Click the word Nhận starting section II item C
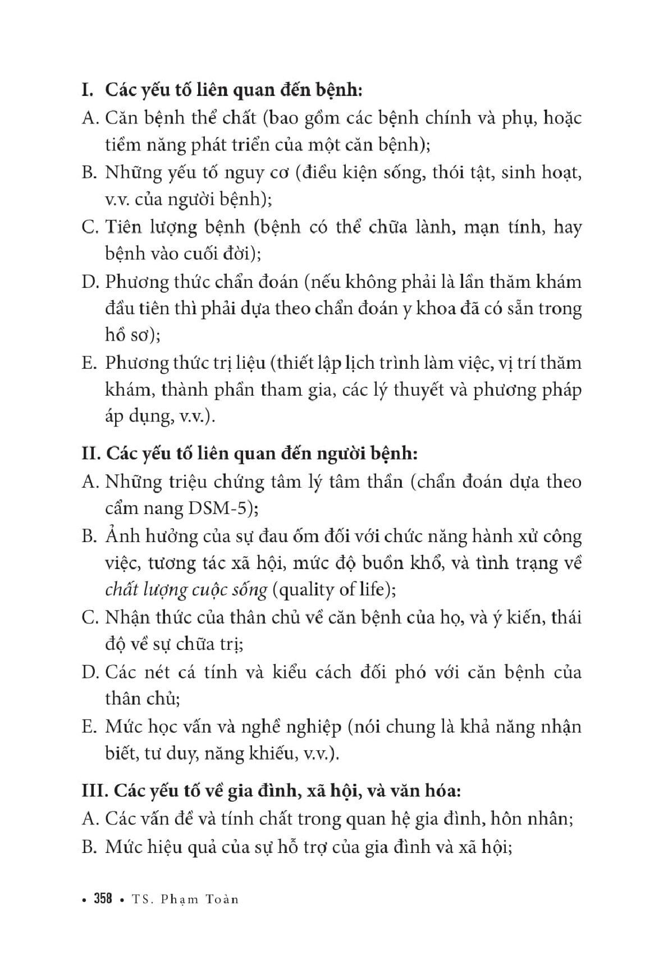coord(127,617)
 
